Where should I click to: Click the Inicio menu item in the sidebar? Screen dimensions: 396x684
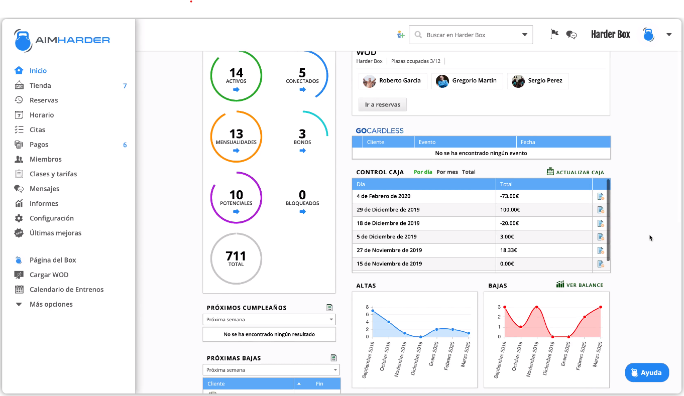38,71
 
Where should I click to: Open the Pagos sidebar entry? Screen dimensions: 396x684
39,145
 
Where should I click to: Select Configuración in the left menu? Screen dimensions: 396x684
51,218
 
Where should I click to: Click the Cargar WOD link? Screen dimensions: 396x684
49,275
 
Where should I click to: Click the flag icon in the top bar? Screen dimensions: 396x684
554,34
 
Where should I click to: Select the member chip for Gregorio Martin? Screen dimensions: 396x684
467,81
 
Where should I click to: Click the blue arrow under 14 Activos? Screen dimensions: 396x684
236,90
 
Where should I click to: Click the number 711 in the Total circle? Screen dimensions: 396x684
236,255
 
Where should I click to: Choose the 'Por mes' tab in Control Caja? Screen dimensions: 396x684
447,172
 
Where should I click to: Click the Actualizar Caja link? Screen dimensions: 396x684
576,172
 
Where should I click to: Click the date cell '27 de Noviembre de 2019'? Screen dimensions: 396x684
389,250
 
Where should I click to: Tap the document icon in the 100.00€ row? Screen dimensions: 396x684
600,210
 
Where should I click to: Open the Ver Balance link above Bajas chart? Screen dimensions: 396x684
580,285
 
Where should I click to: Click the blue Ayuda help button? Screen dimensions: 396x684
646,373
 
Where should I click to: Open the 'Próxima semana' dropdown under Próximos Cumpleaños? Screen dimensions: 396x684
269,320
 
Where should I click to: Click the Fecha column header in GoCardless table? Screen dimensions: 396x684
528,142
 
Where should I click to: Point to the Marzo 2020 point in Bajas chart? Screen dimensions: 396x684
600,307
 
